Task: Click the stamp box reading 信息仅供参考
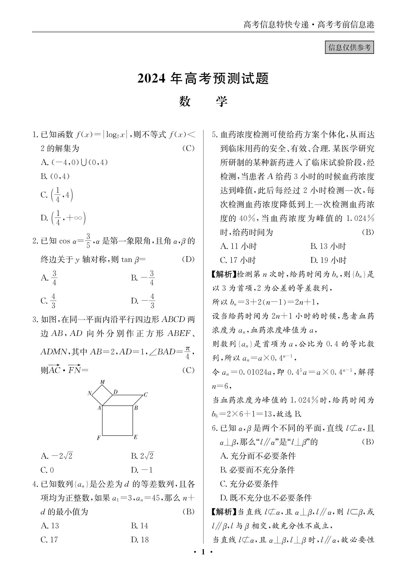pyautogui.click(x=349, y=47)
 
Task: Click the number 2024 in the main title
pyautogui.click(x=151, y=79)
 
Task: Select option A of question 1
pyautogui.click(x=74, y=162)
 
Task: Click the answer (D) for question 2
pyautogui.click(x=188, y=259)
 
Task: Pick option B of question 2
pyautogui.click(x=143, y=278)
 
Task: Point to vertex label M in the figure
pyautogui.click(x=102, y=382)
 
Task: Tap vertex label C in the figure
pyautogui.click(x=146, y=395)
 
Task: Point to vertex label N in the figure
pyautogui.click(x=89, y=393)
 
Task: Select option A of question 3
pyautogui.click(x=57, y=456)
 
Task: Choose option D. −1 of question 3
pyautogui.click(x=142, y=470)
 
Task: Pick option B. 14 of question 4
pyautogui.click(x=139, y=525)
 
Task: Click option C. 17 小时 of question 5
pyautogui.click(x=238, y=260)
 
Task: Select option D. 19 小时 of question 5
pyautogui.click(x=328, y=260)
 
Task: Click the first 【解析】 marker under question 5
pyautogui.click(x=224, y=274)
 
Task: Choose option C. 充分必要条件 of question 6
pyautogui.click(x=249, y=484)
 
